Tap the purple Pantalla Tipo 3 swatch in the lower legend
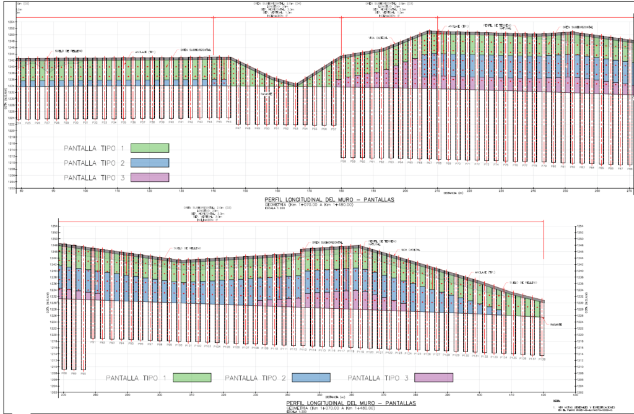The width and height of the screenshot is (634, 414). [x=433, y=377]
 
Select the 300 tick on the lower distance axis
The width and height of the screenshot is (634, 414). [x=159, y=394]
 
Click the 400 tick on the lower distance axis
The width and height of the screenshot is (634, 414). [x=479, y=394]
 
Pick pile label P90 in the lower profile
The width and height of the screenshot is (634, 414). [x=84, y=374]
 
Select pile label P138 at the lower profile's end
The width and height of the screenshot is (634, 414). [x=542, y=359]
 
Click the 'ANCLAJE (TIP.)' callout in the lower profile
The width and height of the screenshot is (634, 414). [x=485, y=272]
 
